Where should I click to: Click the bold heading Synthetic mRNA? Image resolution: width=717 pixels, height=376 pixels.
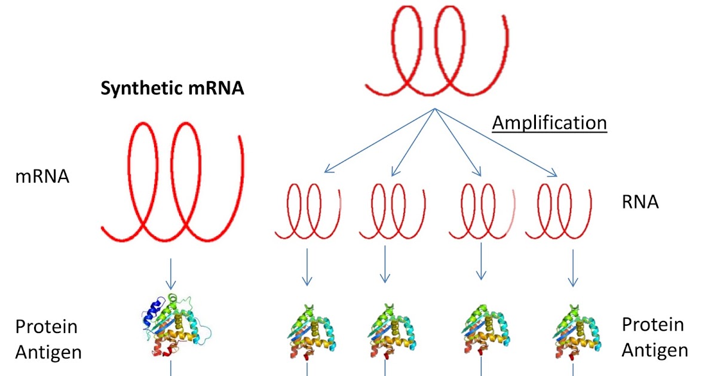pyautogui.click(x=172, y=89)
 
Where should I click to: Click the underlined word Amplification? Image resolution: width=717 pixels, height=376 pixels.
pyautogui.click(x=549, y=123)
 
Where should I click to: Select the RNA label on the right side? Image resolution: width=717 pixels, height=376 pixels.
pyautogui.click(x=640, y=202)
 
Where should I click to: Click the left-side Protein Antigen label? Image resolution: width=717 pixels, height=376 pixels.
pyautogui.click(x=48, y=339)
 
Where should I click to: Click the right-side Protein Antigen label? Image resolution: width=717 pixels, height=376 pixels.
pyautogui.click(x=654, y=337)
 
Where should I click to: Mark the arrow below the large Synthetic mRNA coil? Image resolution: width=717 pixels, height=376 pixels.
pyautogui.click(x=171, y=275)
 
